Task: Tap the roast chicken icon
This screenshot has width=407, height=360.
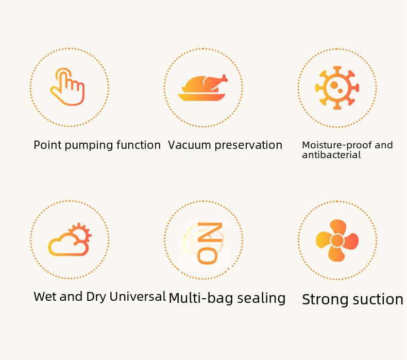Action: (x=202, y=88)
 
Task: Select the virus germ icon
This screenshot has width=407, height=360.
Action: (x=337, y=88)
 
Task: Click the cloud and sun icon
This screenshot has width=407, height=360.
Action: (x=70, y=239)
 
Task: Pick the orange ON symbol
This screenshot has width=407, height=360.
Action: (x=210, y=243)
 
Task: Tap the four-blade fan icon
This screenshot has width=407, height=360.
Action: (x=337, y=241)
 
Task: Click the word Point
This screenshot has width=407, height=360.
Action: (x=47, y=145)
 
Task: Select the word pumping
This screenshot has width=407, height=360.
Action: (x=89, y=146)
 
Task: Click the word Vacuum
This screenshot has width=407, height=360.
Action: (x=189, y=145)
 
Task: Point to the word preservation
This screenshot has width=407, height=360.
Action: (x=248, y=146)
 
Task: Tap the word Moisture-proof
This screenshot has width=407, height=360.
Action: (x=337, y=145)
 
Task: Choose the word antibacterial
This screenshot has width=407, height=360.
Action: (x=331, y=155)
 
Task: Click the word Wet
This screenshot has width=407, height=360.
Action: (x=45, y=297)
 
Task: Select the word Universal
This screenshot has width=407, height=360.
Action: (x=138, y=297)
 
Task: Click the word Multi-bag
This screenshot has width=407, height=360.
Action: (x=201, y=298)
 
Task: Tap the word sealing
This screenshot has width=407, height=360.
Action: (x=261, y=298)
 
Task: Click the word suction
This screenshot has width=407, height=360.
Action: (x=377, y=300)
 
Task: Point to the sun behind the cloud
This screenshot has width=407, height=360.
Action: (x=81, y=232)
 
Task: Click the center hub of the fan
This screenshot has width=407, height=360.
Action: (x=337, y=241)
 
